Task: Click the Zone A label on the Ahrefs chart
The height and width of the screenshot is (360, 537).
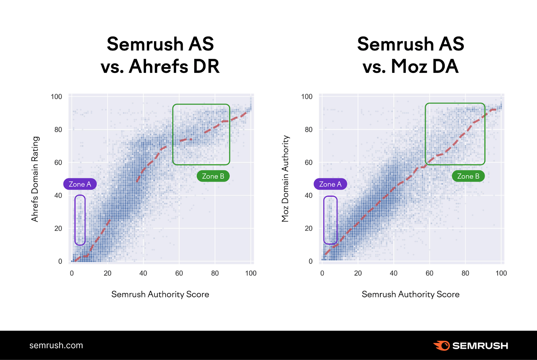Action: [80, 184]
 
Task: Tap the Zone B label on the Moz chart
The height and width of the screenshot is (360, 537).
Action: [468, 176]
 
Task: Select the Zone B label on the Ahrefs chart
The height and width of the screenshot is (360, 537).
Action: [213, 176]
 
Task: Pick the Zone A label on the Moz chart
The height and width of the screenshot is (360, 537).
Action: [330, 184]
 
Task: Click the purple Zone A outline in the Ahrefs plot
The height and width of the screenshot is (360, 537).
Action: [80, 195]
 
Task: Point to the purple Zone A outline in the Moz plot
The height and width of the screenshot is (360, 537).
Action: [330, 197]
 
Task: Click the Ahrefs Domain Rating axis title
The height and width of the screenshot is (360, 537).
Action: [35, 179]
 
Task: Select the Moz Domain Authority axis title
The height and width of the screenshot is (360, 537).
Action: [285, 179]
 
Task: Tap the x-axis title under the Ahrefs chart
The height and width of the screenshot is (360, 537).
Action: [160, 294]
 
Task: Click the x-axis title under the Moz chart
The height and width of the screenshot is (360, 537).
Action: [410, 294]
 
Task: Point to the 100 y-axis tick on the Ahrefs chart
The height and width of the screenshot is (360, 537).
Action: [56, 97]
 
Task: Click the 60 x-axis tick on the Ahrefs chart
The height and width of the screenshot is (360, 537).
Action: [179, 273]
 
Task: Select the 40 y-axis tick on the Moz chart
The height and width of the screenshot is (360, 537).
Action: [308, 195]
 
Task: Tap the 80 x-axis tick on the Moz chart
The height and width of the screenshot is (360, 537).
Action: [465, 273]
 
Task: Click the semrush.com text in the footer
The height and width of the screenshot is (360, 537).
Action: [56, 345]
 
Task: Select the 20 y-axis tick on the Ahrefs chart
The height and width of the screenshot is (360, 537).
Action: [58, 228]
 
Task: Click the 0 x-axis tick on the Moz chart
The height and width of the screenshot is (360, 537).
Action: [322, 273]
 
